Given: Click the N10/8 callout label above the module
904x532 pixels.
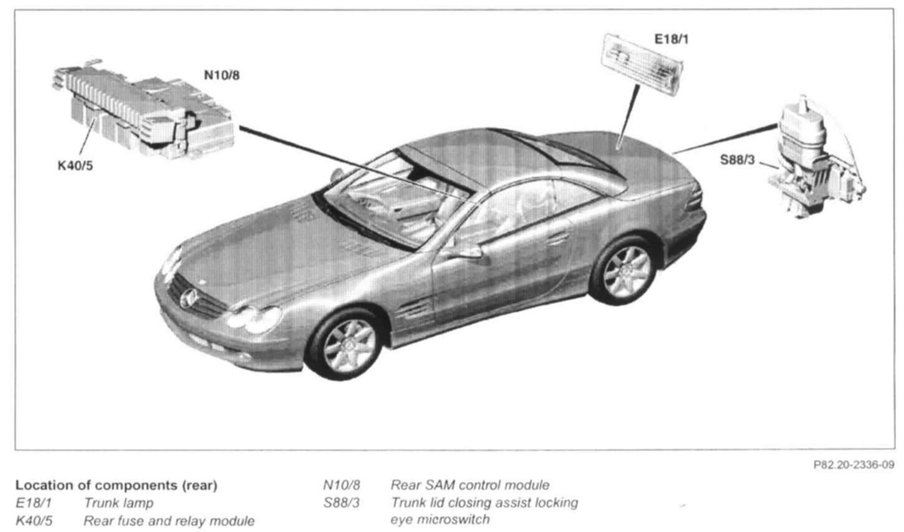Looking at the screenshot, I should [x=222, y=75].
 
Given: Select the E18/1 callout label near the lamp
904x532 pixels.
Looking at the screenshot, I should [x=671, y=39].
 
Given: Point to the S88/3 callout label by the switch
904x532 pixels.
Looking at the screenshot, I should [x=738, y=159].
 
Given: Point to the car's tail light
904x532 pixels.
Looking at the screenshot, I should [x=696, y=200].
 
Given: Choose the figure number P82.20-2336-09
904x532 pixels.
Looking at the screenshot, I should [x=854, y=465].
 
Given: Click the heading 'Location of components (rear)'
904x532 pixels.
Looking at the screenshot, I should [x=116, y=485].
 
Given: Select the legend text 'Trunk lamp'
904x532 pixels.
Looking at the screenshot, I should [x=118, y=503].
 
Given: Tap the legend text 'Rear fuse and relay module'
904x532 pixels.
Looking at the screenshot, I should [x=169, y=520].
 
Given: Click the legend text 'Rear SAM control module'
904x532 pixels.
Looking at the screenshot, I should [x=470, y=485].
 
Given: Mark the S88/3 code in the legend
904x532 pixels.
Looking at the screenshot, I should [x=342, y=502].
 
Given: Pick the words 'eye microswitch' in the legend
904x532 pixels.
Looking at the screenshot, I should [x=440, y=519].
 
